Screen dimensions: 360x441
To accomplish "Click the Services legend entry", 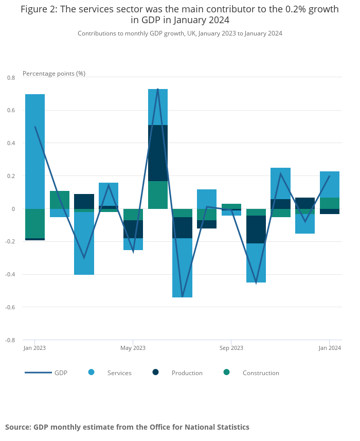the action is (x=110, y=373).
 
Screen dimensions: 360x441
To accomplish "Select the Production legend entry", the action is (x=177, y=373).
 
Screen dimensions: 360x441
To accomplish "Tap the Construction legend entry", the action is (x=251, y=373).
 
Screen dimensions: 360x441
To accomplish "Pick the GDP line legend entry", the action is (x=46, y=373).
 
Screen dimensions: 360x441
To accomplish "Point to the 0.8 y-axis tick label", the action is (x=11, y=78).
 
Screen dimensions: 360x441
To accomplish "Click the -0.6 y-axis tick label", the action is (x=10, y=307).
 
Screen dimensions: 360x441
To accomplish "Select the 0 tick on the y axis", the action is (x=13, y=209).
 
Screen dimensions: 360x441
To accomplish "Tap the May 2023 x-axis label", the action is (x=133, y=348).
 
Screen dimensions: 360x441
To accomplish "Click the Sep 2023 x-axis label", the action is (x=231, y=348).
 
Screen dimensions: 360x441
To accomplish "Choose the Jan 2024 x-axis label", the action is (x=330, y=348).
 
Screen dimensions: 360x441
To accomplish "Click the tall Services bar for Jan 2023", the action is (x=35, y=151).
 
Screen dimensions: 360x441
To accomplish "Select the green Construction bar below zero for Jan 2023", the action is (x=35, y=223).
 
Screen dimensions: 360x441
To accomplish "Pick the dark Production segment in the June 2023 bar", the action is (x=158, y=153).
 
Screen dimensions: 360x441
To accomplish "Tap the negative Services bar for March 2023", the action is (x=84, y=243).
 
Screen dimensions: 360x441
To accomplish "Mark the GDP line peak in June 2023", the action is (x=158, y=89).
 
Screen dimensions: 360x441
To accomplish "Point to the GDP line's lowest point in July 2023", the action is (x=183, y=296).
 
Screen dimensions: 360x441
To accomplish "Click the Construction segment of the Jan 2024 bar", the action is (x=330, y=203).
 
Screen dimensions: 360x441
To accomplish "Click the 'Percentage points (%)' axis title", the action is (x=54, y=74).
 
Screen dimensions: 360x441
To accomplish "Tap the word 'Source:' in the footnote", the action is (x=19, y=427).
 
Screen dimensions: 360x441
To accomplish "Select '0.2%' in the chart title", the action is (x=296, y=9).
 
